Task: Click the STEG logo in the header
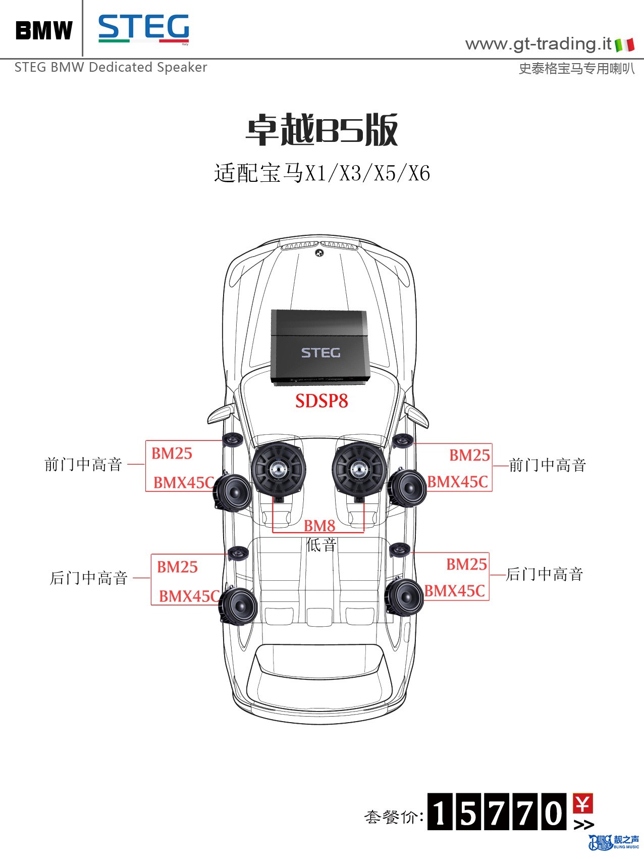click(144, 29)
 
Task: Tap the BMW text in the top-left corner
click(44, 30)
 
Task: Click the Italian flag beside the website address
click(624, 45)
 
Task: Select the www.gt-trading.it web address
click(538, 44)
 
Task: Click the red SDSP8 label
click(321, 401)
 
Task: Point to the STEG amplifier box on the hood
click(320, 348)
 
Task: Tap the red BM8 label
click(319, 526)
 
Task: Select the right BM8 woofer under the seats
click(359, 469)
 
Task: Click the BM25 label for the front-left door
click(172, 453)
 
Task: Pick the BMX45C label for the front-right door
click(458, 482)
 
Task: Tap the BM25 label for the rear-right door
click(466, 564)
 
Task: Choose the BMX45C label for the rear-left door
click(189, 596)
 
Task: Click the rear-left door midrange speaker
click(239, 606)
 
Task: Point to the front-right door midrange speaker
click(407, 487)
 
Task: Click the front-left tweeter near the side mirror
click(233, 440)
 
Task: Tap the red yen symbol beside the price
click(583, 803)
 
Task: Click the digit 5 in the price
click(468, 812)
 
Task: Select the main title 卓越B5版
click(322, 130)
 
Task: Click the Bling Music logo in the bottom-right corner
click(613, 842)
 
